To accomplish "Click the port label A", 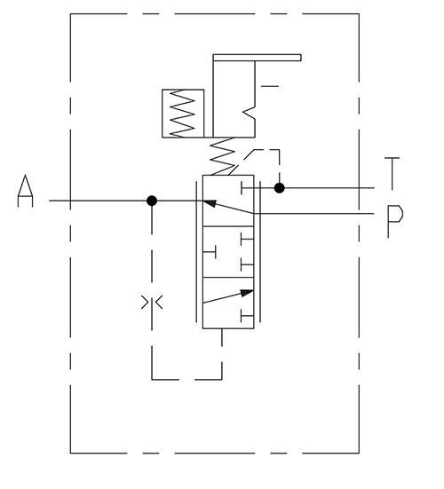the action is coord(25,191).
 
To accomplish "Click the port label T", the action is coord(392,174).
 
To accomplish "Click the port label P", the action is coord(395,221).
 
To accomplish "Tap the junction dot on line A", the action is coord(152,201).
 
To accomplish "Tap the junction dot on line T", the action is coord(279,188).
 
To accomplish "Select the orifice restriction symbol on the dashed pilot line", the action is coord(152,303).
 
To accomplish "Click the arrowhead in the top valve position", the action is coord(210,203).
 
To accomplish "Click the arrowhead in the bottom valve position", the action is coord(247,293).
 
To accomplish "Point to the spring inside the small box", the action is coord(182,114).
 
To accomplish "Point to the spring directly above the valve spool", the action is coord(223,156).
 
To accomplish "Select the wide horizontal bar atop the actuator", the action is coord(258,58).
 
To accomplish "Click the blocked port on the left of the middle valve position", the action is coord(210,252).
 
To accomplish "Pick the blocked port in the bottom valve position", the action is coord(247,316).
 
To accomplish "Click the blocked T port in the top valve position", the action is coord(248,188).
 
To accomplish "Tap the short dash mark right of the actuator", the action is coord(270,86).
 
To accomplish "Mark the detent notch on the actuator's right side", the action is coord(250,113).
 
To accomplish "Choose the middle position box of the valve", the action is coord(228,252).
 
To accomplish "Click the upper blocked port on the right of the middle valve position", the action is coord(247,239).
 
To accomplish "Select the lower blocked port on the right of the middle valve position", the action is coord(247,264).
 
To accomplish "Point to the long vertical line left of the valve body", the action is coord(196,251).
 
